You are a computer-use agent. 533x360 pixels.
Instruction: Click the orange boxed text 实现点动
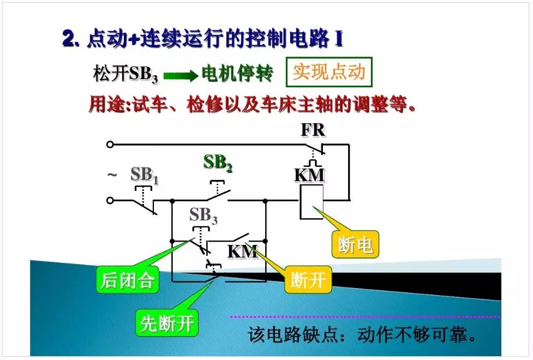(328, 72)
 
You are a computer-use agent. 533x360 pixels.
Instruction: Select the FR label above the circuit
(313, 131)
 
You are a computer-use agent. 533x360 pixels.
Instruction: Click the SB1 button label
(144, 176)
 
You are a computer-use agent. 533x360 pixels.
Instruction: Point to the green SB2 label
(218, 163)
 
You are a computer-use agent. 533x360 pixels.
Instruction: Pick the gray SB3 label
(203, 216)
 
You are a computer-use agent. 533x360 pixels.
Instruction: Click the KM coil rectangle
(312, 202)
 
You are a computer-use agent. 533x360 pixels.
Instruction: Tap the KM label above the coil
(309, 175)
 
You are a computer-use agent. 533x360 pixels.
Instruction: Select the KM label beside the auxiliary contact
(243, 252)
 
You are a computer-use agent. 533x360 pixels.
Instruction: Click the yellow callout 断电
(355, 245)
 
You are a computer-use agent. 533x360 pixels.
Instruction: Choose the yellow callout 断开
(308, 280)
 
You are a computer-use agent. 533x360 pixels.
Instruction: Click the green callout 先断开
(167, 323)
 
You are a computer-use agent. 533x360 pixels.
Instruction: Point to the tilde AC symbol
(112, 175)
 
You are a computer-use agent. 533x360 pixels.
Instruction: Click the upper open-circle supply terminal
(110, 145)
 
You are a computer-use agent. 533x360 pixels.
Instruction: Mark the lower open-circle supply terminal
(110, 200)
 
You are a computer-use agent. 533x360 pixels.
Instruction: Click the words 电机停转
(237, 74)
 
